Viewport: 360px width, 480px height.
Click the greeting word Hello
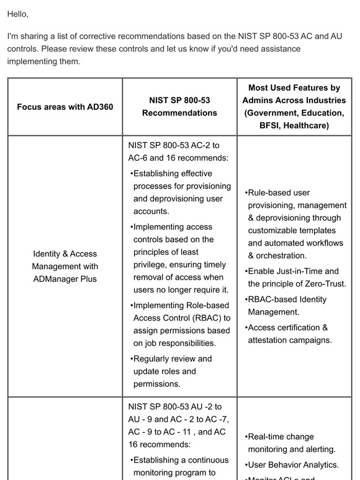(x=17, y=14)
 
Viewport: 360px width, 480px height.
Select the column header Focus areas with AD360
(x=65, y=107)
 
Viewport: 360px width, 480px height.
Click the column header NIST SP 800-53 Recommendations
(x=179, y=107)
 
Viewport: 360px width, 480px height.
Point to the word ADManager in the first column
(x=54, y=279)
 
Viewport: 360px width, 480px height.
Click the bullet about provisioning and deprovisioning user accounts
(x=181, y=192)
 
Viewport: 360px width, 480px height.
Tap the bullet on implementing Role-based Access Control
(x=181, y=324)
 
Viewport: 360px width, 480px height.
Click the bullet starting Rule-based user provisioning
(x=297, y=224)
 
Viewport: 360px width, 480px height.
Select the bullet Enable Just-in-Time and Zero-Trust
(x=295, y=277)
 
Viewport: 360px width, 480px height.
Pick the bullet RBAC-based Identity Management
(x=287, y=305)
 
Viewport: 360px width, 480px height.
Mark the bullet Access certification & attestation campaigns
(x=289, y=333)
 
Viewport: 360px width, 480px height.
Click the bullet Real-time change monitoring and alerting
(x=291, y=443)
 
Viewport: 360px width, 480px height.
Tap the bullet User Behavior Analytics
(x=293, y=464)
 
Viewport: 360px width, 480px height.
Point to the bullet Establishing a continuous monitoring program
(x=180, y=466)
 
